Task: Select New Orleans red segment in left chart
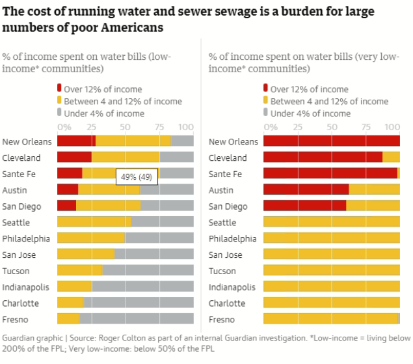pyautogui.click(x=76, y=141)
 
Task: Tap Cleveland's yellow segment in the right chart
pyautogui.click(x=391, y=158)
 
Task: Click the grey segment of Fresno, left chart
pyautogui.click(x=137, y=318)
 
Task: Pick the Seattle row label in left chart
pyautogui.click(x=16, y=222)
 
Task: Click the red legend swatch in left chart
pyautogui.click(x=59, y=89)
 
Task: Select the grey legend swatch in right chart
pyautogui.click(x=265, y=113)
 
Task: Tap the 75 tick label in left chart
pyautogui.click(x=159, y=127)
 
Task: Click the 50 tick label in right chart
pyautogui.click(x=332, y=127)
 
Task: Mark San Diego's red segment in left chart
pyautogui.click(x=66, y=206)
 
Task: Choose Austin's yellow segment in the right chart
pyautogui.click(x=374, y=189)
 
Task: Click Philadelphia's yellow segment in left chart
pyautogui.click(x=91, y=238)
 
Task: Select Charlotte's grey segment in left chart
pyautogui.click(x=139, y=303)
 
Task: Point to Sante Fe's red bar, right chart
pyautogui.click(x=330, y=174)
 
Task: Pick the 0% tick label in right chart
pyautogui.click(x=268, y=127)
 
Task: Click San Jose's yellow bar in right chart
pyautogui.click(x=331, y=255)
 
